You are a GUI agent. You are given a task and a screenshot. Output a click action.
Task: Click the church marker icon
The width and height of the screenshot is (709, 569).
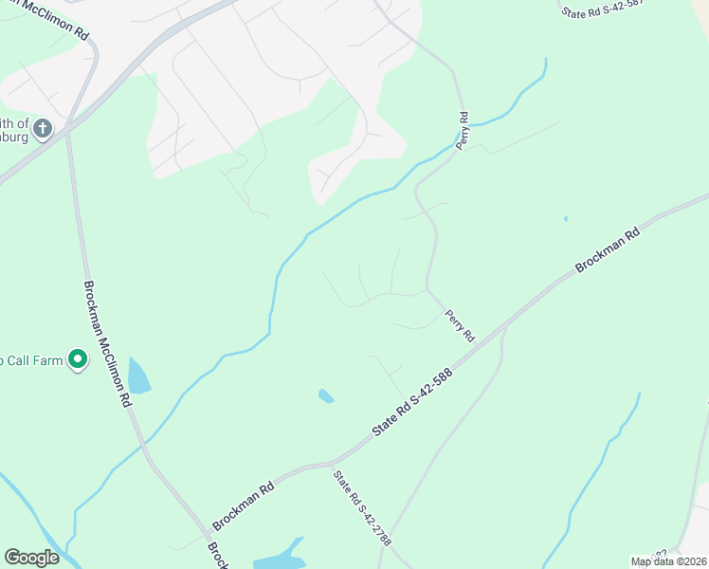tap(43, 129)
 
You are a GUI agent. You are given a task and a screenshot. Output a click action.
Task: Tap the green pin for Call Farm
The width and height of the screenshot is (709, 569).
tap(78, 360)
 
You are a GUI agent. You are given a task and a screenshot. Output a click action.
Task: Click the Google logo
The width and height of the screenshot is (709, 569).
tap(31, 558)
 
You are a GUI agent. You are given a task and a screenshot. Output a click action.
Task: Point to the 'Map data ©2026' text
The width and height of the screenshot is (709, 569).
tap(669, 561)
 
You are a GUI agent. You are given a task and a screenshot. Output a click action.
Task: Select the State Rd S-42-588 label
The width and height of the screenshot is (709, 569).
tap(412, 402)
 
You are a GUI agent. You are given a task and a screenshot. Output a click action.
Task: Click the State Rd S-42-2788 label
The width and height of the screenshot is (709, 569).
tap(361, 508)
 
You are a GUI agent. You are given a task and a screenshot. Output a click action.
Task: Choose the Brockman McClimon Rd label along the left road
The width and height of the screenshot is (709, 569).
tap(106, 344)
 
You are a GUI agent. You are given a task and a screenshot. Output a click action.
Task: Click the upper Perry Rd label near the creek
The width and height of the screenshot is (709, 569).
tap(463, 131)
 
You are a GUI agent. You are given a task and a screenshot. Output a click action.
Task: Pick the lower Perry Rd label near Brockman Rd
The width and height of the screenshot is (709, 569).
tap(460, 323)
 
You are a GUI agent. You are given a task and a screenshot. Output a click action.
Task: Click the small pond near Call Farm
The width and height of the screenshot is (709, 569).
tap(138, 376)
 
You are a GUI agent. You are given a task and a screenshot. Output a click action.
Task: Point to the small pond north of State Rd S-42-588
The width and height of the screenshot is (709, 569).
tap(326, 395)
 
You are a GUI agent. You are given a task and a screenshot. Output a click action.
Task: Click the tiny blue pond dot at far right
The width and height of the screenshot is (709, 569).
tap(565, 219)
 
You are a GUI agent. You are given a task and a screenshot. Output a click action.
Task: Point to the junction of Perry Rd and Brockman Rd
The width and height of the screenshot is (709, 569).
tap(504, 325)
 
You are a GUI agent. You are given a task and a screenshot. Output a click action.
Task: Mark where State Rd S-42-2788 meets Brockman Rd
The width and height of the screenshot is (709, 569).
tap(332, 464)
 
